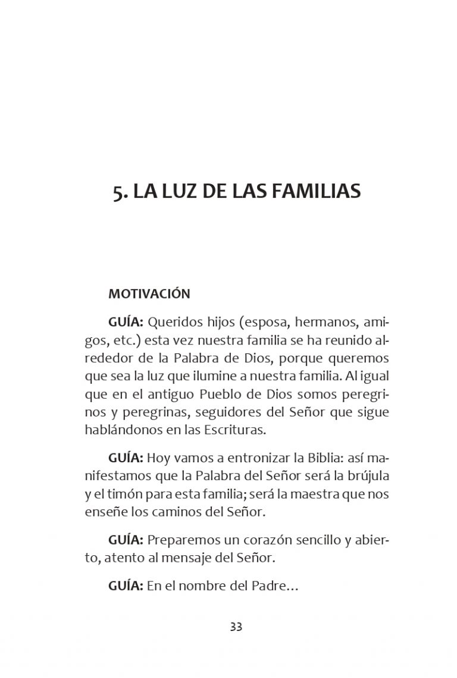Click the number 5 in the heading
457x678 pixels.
click(118, 191)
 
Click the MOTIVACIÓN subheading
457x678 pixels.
click(149, 294)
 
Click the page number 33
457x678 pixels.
click(236, 627)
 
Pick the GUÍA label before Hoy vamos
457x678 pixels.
click(126, 459)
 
